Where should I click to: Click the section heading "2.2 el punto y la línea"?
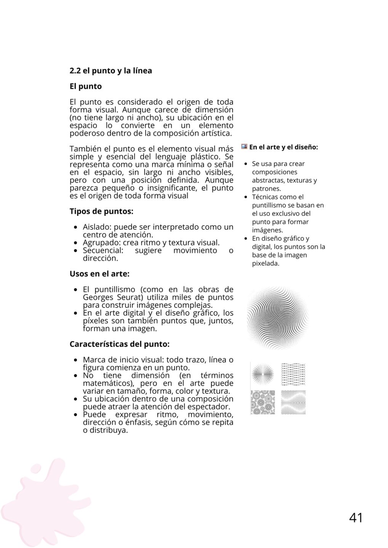[x=111, y=71]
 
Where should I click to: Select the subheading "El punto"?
[x=85, y=86]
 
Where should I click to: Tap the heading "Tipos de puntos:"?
[x=101, y=211]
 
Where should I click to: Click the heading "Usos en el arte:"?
[x=99, y=274]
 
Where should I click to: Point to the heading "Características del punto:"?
[x=119, y=344]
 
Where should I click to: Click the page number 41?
[x=356, y=518]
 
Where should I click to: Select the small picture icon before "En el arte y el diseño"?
[x=244, y=147]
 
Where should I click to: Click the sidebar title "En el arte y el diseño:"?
[x=284, y=147]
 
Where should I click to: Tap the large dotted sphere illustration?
[x=277, y=318]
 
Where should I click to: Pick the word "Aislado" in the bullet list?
[x=97, y=227]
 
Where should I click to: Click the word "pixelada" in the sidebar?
[x=266, y=263]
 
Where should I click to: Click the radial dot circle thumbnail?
[x=263, y=374]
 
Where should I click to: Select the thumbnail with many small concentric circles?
[x=263, y=402]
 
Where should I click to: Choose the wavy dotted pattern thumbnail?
[x=293, y=402]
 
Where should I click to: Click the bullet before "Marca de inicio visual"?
[x=76, y=360]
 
